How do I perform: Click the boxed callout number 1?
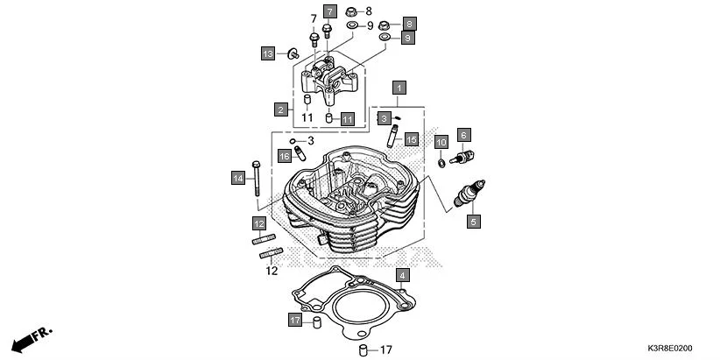399,88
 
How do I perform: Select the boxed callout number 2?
281,109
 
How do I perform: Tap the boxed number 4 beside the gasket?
402,276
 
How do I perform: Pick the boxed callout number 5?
472,222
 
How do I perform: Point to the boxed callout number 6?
464,135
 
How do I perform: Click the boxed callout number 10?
441,142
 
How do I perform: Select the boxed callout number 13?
268,54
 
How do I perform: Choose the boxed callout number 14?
237,179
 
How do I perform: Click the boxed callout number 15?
412,138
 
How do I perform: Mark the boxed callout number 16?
284,155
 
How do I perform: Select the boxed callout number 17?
295,321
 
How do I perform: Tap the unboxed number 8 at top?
369,11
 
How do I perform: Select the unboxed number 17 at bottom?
386,350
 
